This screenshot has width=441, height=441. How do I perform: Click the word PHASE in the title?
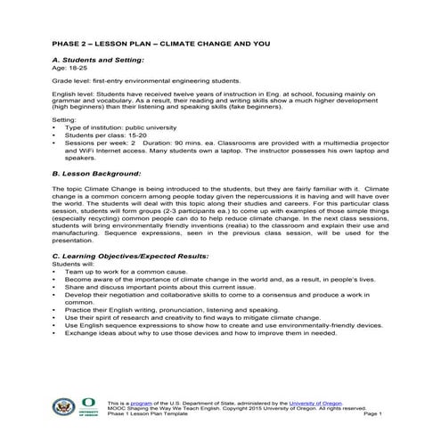[x=68, y=44]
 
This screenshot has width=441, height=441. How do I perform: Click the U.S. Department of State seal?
[x=63, y=406]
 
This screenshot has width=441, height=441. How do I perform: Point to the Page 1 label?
[x=373, y=414]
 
